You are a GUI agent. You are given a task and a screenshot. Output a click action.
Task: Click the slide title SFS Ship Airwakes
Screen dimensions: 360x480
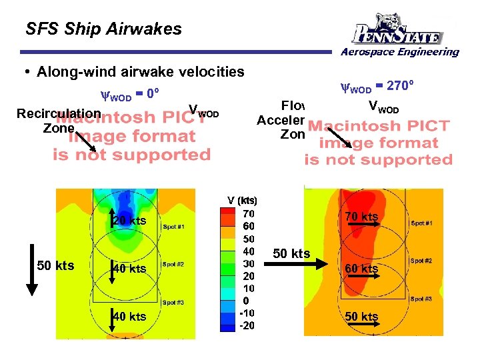point(103,29)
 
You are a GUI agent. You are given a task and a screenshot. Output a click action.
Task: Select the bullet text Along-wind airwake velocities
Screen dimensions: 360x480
point(141,71)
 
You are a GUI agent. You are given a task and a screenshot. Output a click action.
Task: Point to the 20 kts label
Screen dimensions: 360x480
point(129,221)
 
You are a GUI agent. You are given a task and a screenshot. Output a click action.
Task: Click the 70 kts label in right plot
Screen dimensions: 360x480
point(362,217)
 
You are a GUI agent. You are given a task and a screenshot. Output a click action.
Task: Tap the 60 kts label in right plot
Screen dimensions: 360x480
point(362,269)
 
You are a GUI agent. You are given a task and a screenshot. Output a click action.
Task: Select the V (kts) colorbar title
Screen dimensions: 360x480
point(242,201)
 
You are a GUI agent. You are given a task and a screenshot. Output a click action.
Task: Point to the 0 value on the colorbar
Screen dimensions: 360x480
point(248,301)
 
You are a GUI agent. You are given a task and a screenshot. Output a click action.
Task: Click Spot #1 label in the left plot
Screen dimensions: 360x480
point(172,227)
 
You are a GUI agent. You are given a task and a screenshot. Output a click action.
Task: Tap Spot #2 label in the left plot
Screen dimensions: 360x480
point(172,264)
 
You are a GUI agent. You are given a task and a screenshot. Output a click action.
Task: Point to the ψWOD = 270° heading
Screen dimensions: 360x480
point(377,86)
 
